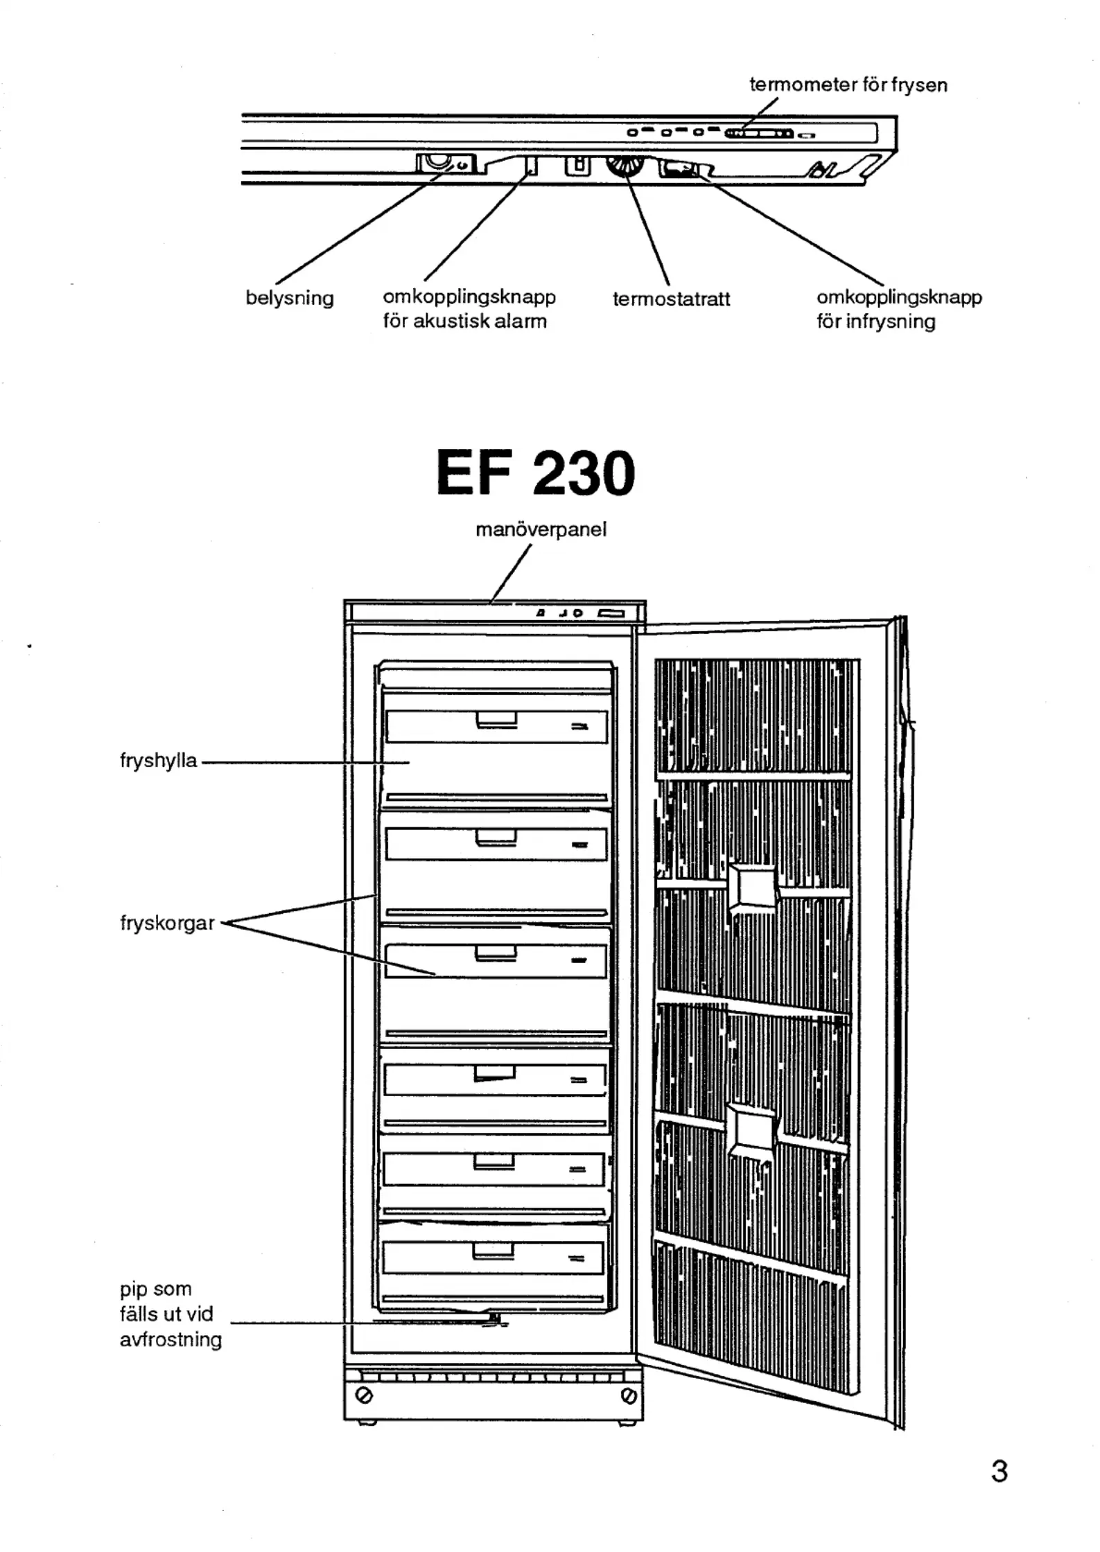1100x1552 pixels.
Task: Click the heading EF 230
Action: click(535, 474)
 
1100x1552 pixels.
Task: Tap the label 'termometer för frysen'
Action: click(848, 85)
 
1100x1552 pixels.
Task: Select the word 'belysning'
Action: click(290, 299)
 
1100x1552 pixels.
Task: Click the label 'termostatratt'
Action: click(671, 299)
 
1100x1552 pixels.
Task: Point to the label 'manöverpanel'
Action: click(541, 530)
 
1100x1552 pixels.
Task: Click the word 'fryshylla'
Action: click(159, 761)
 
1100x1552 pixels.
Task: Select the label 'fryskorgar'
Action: click(167, 924)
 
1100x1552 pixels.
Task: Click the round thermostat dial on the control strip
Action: click(625, 167)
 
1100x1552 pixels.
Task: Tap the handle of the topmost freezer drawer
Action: click(496, 721)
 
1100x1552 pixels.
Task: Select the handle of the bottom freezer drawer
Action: click(494, 1251)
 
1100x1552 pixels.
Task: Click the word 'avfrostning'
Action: click(171, 1340)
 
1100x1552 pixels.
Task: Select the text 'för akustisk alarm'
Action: click(464, 321)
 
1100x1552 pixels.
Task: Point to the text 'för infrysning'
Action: click(875, 322)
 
